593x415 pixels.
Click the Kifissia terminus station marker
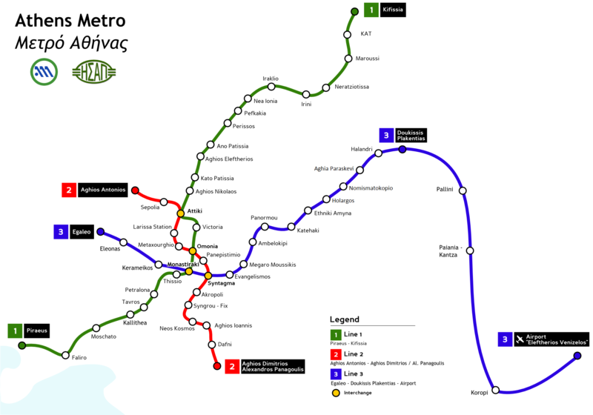pos(355,12)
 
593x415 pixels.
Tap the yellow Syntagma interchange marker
pos(208,276)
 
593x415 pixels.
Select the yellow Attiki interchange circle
pos(181,213)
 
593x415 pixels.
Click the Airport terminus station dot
pos(577,356)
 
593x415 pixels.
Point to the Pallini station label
pos(444,189)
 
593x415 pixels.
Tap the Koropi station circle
pos(495,390)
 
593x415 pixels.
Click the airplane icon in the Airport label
pos(520,339)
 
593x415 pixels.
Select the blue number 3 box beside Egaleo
pos(61,232)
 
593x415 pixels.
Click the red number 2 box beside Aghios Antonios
pos(69,190)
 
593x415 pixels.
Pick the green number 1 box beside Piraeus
pos(15,331)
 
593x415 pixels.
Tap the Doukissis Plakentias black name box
pos(411,136)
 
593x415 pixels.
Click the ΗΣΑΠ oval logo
pos(94,72)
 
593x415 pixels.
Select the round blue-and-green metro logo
pos(44,72)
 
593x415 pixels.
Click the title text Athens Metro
pos(70,21)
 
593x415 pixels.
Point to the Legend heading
pos(344,319)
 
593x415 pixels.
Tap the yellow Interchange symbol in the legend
pos(336,393)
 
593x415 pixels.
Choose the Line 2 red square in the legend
pos(336,354)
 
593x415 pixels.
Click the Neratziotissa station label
pos(351,87)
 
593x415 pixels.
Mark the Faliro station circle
pos(65,355)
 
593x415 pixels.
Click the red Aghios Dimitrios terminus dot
pos(217,366)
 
